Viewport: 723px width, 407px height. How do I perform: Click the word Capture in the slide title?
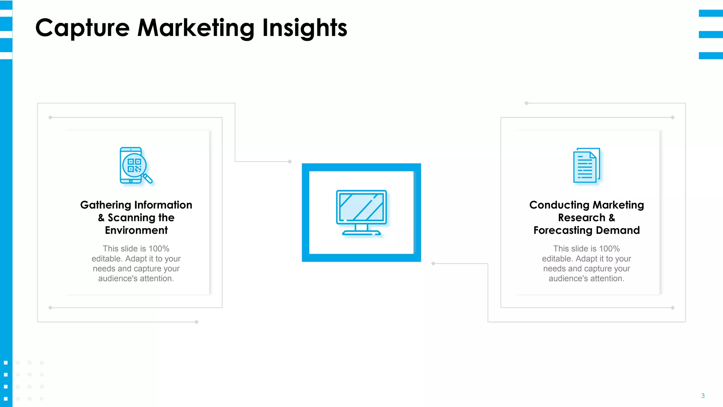(83, 28)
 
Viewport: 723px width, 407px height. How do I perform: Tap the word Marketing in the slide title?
(196, 28)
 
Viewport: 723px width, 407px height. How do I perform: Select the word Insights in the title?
(304, 28)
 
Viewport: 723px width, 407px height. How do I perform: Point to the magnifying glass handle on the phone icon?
(148, 178)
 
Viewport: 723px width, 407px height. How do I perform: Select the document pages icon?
(586, 165)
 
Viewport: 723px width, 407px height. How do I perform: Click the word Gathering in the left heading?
(106, 205)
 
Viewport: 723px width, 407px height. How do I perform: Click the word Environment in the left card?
(136, 230)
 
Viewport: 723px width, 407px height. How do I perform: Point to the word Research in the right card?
(581, 218)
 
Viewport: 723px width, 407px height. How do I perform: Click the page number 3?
(703, 396)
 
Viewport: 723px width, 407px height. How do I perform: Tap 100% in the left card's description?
(159, 249)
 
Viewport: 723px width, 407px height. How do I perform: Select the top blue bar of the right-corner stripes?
(711, 13)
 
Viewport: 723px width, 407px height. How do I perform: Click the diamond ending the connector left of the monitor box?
(290, 161)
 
